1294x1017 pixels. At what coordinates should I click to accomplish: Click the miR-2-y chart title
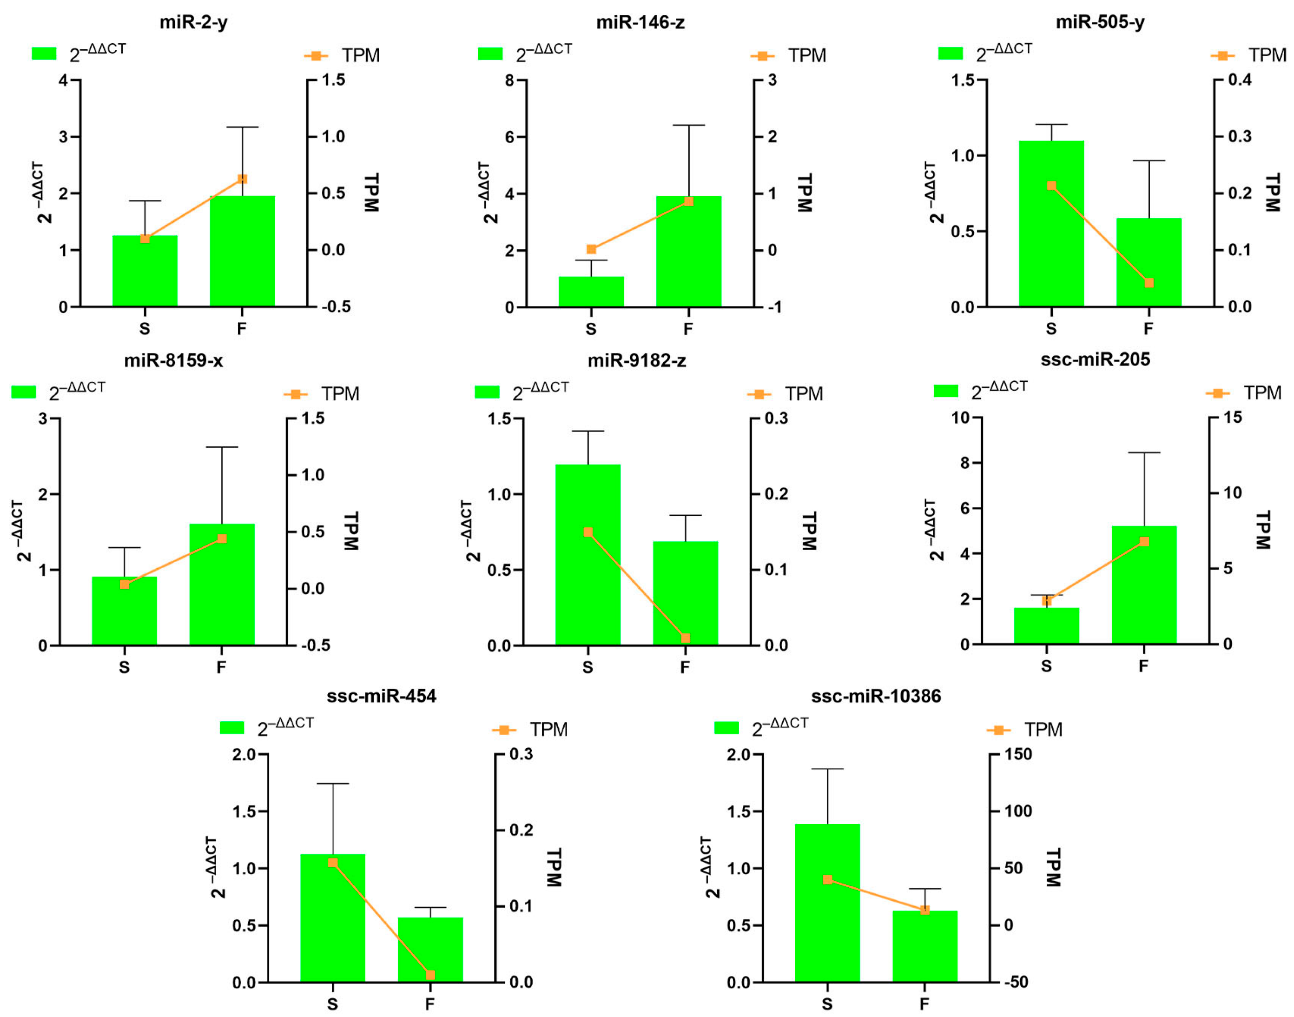tap(193, 23)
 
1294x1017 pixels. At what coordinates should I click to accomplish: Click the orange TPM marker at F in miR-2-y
tap(242, 179)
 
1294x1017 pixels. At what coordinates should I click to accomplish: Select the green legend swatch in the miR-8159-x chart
tap(24, 392)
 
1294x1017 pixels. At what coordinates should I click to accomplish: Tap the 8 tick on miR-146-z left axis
tap(509, 80)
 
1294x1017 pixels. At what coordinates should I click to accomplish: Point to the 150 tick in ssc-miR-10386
tap(1018, 754)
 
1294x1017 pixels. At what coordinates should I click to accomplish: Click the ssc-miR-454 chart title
tap(382, 696)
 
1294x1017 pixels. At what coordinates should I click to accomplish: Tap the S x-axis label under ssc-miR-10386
tap(827, 1004)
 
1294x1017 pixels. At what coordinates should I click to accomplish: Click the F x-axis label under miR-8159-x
tap(221, 667)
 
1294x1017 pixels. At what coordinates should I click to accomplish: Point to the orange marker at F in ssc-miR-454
tap(430, 975)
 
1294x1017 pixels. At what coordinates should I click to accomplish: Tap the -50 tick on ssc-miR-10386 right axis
tap(1016, 983)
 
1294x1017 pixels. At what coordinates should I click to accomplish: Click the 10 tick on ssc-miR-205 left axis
tap(960, 418)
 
